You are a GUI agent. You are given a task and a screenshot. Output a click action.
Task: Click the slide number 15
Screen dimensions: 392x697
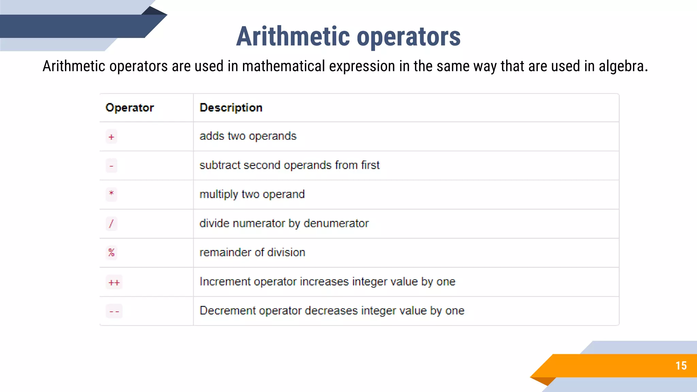(681, 366)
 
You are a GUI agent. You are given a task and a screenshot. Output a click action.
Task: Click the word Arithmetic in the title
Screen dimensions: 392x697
(293, 36)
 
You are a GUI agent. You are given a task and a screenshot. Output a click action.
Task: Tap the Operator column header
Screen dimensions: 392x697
(130, 108)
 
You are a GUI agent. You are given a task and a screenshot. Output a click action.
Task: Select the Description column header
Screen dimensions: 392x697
(231, 108)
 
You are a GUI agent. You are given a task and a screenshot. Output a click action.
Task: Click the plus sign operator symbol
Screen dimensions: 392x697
(111, 137)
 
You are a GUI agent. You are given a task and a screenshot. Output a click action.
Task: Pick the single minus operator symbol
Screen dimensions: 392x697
(111, 166)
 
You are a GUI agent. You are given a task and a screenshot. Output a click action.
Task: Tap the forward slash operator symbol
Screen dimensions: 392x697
(111, 224)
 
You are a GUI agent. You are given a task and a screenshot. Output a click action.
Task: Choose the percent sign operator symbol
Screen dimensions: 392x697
(111, 252)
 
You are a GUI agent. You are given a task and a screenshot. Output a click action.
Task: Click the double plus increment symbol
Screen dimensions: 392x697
(114, 282)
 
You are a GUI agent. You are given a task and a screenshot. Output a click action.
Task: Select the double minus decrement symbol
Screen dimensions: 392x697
(114, 311)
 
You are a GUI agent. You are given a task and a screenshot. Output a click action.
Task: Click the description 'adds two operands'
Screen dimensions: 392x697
(248, 136)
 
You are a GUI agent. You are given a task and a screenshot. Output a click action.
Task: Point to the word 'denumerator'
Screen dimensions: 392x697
(336, 223)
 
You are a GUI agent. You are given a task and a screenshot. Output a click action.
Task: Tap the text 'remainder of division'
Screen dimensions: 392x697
(252, 252)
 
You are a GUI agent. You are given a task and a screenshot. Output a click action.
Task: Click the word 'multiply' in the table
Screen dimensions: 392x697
(218, 194)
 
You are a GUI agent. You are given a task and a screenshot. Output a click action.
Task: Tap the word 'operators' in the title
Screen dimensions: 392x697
(408, 36)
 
